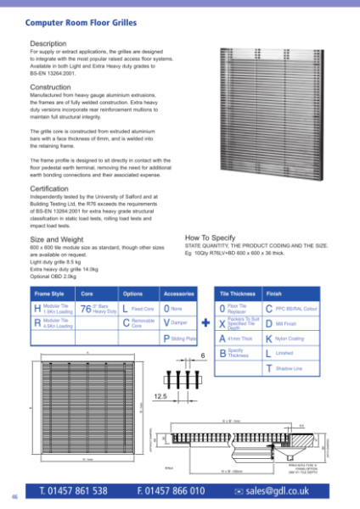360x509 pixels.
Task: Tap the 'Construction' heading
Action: point(50,87)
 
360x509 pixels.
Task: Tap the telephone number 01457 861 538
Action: point(73,491)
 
